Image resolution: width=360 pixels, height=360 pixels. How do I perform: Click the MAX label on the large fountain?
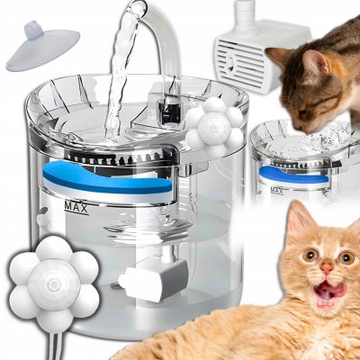[76, 207]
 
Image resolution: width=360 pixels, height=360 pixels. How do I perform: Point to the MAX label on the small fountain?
[277, 191]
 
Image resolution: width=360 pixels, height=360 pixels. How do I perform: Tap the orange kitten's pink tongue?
[330, 290]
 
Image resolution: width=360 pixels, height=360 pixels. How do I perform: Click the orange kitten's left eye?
[310, 256]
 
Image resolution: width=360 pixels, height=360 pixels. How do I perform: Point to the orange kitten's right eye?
[346, 257]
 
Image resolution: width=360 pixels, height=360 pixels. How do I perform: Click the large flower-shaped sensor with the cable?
[54, 283]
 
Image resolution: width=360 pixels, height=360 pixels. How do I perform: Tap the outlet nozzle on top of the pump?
[246, 14]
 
